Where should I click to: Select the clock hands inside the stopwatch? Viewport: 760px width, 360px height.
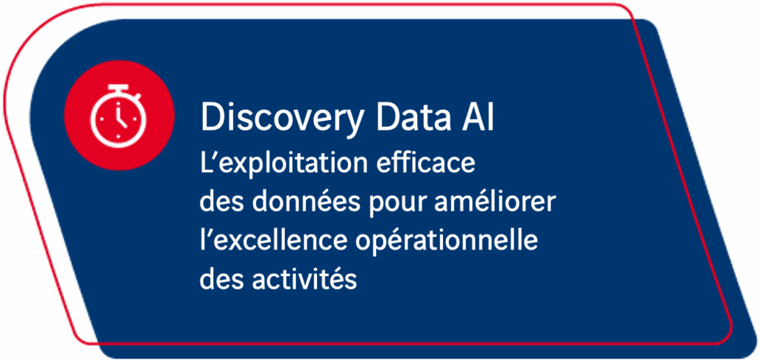pyautogui.click(x=119, y=117)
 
